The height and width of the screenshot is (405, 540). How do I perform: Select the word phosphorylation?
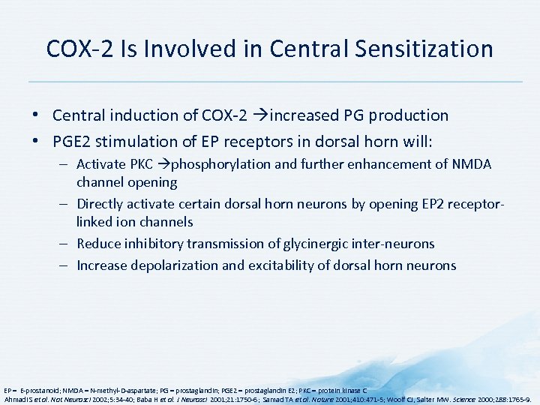[217, 164]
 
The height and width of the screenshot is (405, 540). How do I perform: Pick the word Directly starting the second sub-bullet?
[100, 204]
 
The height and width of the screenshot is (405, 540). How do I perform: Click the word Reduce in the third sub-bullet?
[100, 244]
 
